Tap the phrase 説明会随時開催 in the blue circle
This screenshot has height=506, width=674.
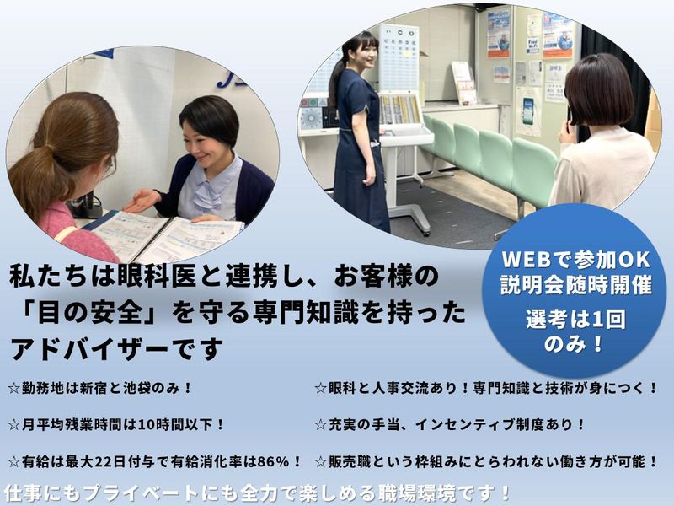[576, 285]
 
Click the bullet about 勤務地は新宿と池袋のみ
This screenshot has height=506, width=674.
[101, 388]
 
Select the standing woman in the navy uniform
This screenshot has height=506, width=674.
[358, 135]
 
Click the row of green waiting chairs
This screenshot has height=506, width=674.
[493, 156]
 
